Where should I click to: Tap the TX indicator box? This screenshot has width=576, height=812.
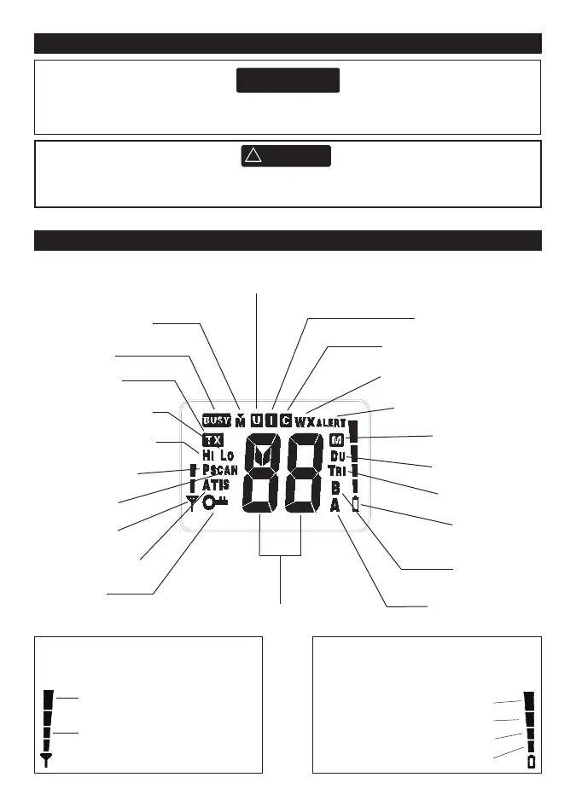point(212,440)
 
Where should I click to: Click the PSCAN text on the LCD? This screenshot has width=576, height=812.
point(219,470)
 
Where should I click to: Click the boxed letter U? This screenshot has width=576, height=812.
point(258,420)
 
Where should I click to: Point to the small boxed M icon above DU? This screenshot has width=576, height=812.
point(336,441)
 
